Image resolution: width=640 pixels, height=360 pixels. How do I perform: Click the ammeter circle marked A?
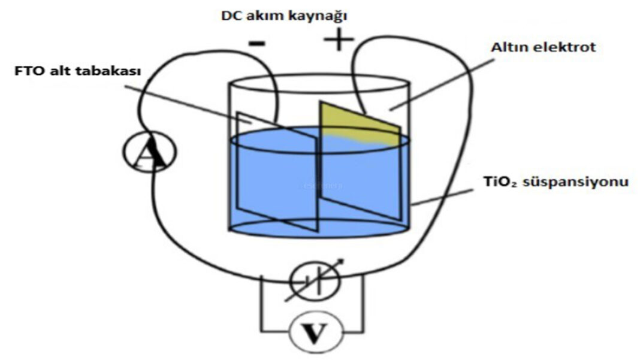150,152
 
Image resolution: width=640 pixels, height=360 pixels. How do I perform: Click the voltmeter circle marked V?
316,333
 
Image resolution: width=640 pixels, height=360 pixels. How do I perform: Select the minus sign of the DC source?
257,43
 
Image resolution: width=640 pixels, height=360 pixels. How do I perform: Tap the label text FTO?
28,71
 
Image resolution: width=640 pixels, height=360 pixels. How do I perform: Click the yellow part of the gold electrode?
359,125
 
